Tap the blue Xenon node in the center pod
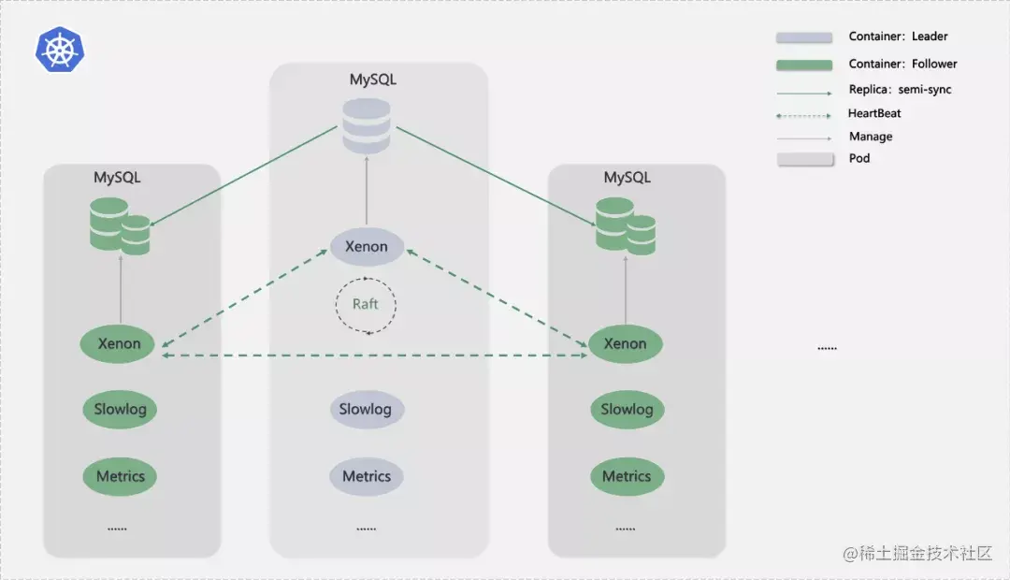[367, 247]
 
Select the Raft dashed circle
[367, 305]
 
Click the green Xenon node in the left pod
[120, 343]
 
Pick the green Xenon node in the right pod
[626, 343]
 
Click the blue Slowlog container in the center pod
[366, 409]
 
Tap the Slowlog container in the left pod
[121, 409]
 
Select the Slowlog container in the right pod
[627, 409]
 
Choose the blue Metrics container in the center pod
[366, 476]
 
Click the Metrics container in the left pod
[121, 476]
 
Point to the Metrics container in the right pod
[627, 476]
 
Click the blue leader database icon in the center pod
[367, 125]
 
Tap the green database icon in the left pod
[120, 225]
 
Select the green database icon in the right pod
[626, 225]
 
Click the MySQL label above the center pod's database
[373, 80]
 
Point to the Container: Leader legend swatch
[803, 37]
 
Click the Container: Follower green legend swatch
[803, 65]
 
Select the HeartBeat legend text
[874, 113]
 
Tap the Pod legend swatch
[803, 159]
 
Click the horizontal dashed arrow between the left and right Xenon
[374, 355]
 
